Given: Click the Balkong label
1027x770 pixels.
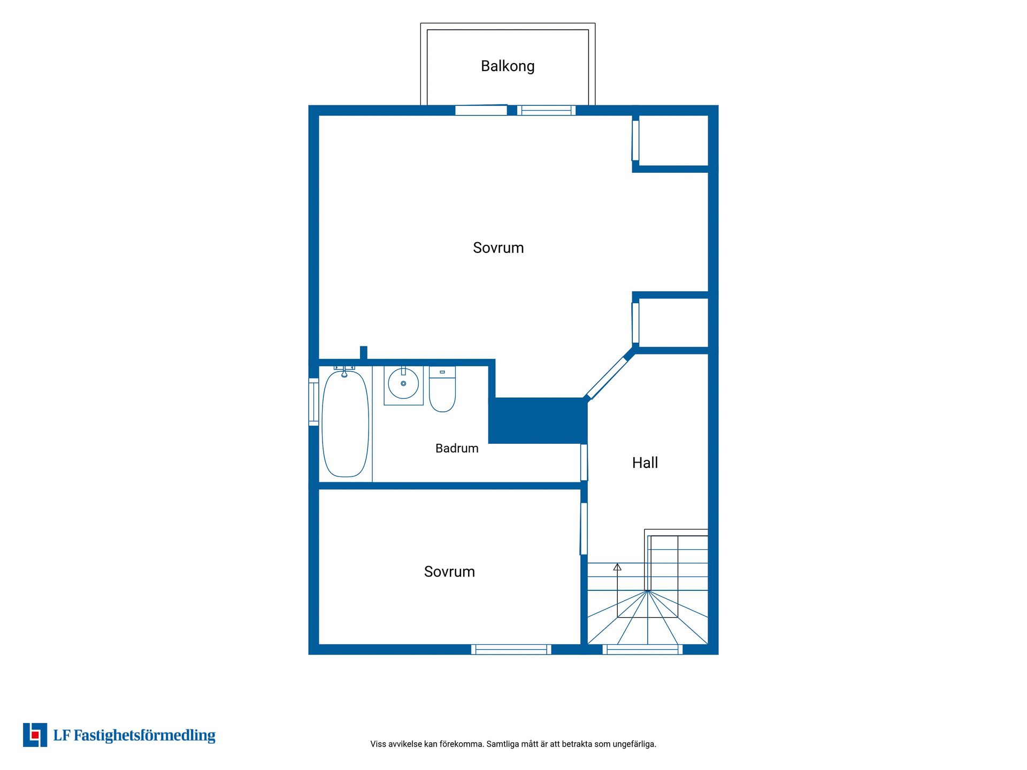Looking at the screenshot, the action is tap(508, 66).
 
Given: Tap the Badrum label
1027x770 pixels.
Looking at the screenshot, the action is tap(457, 448).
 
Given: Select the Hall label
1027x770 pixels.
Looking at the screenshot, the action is tap(645, 463).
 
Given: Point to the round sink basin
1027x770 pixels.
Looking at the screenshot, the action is tap(403, 383).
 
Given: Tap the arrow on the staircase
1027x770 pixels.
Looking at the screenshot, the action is tap(617, 567).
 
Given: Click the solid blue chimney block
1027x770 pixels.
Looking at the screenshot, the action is tap(538, 420).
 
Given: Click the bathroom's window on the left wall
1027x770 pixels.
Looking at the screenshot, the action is tap(313, 402).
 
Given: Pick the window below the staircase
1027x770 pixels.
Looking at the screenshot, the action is tap(642, 650).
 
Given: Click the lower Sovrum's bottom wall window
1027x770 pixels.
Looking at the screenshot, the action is tap(511, 650).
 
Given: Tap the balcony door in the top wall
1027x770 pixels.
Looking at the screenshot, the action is tap(481, 110).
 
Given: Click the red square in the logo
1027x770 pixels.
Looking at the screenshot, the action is tap(35, 735).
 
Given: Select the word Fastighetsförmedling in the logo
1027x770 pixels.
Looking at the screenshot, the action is tap(144, 736).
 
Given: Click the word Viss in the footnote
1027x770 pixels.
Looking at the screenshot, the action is tap(378, 744).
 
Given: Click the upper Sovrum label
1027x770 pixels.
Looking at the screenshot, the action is tap(498, 248).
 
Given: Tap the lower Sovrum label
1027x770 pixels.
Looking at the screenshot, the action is tap(449, 572).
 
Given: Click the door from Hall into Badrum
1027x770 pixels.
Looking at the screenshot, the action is tap(584, 463).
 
